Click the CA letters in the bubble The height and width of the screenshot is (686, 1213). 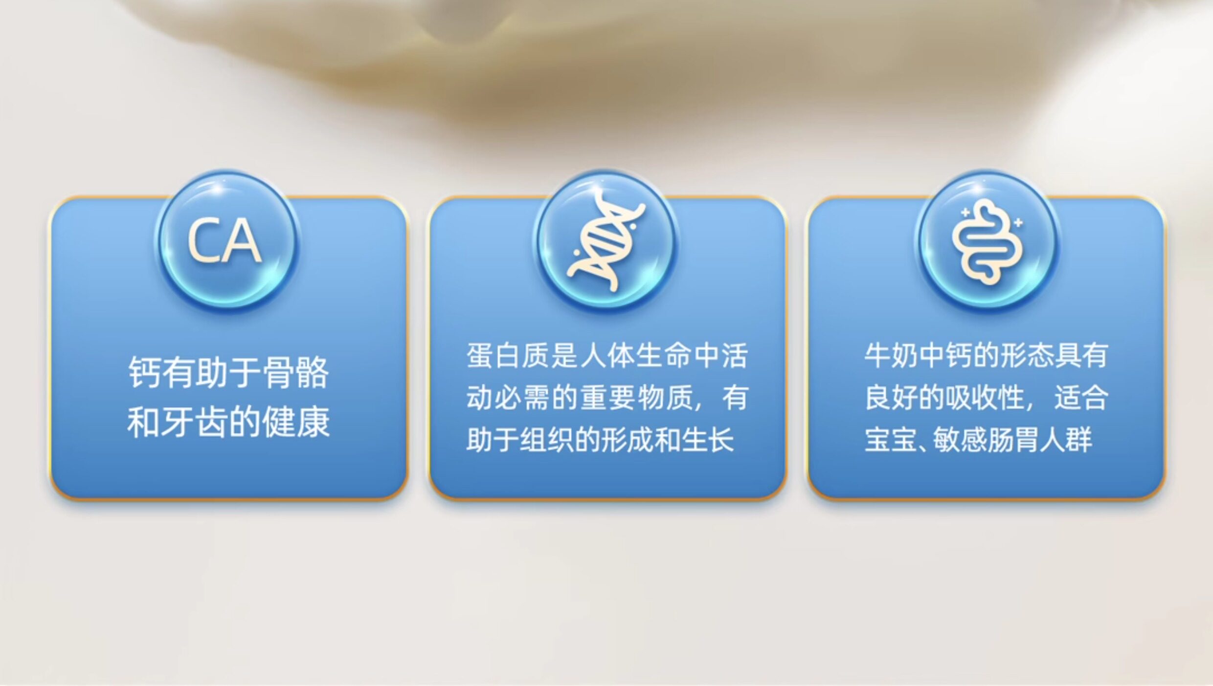(x=225, y=241)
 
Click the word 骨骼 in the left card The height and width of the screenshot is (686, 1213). (x=296, y=372)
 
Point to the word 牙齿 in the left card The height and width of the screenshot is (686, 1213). (x=194, y=422)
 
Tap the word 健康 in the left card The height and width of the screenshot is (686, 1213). (x=296, y=422)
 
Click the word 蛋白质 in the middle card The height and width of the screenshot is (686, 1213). (x=508, y=356)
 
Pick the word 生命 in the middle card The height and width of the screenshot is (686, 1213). (x=663, y=356)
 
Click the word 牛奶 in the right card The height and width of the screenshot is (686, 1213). (x=891, y=356)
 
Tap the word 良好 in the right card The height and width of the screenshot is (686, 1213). (x=891, y=398)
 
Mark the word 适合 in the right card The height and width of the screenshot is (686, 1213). (x=1081, y=398)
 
